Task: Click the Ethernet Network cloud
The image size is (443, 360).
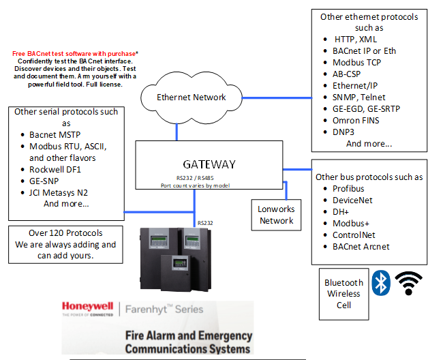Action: (191, 97)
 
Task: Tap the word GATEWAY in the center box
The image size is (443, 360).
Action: (209, 164)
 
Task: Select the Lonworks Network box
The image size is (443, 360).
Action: (276, 215)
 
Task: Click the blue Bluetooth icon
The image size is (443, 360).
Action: (380, 283)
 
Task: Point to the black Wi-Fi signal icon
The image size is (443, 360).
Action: (409, 283)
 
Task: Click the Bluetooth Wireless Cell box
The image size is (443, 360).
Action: (343, 294)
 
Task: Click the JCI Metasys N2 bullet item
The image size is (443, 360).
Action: (65, 192)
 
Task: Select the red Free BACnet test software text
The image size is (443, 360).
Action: (75, 52)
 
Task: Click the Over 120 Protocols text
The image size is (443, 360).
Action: (65, 232)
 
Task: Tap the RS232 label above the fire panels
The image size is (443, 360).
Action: (204, 222)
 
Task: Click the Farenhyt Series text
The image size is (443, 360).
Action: (164, 310)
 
